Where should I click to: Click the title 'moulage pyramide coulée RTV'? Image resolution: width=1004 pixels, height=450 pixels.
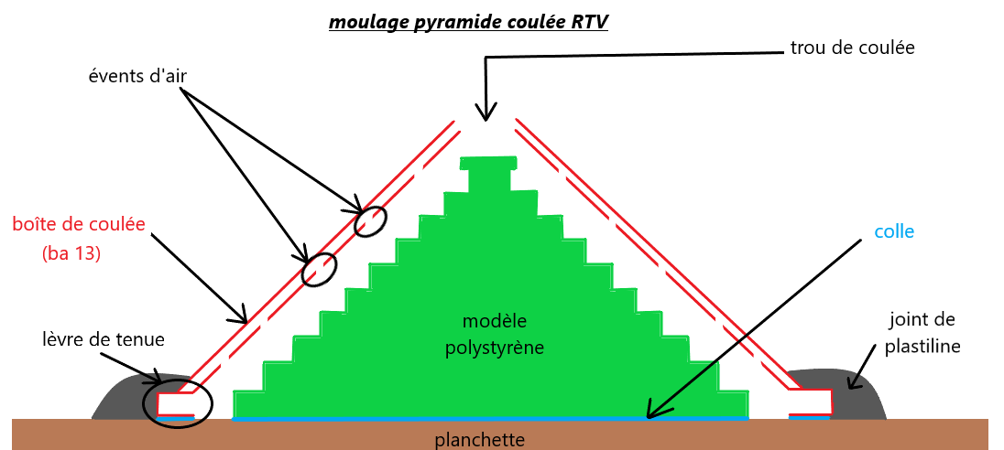click(x=468, y=20)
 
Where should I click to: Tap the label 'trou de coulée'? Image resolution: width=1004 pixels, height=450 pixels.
click(x=852, y=47)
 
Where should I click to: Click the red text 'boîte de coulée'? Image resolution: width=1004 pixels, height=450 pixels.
click(x=79, y=224)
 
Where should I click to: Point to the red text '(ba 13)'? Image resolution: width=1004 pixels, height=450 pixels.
click(x=71, y=255)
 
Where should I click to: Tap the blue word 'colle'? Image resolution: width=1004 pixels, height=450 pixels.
click(x=894, y=231)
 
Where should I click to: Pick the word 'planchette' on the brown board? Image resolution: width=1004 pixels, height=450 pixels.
click(x=479, y=440)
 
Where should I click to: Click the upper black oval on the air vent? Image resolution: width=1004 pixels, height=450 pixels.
click(x=369, y=221)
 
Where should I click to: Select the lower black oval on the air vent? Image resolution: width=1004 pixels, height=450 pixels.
click(x=320, y=268)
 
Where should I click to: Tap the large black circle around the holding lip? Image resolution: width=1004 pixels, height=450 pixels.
click(x=178, y=402)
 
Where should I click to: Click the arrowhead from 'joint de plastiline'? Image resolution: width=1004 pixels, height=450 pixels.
click(x=852, y=385)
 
